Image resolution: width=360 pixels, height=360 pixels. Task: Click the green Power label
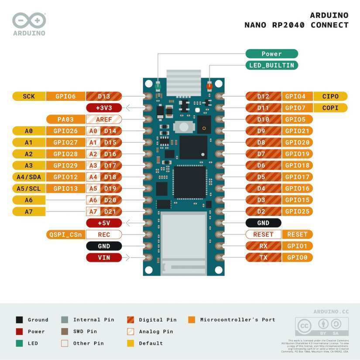tap(271, 54)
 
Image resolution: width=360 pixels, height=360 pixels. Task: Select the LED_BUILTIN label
tap(271, 65)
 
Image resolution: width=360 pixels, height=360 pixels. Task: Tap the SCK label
tap(29, 96)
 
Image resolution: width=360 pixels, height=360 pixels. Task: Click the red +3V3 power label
tap(104, 108)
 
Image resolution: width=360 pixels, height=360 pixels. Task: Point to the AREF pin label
tap(104, 119)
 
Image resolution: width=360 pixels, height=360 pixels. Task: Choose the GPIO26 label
tap(65, 131)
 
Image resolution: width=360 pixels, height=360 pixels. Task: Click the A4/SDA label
tap(29, 177)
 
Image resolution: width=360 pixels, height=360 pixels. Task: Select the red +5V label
tap(104, 223)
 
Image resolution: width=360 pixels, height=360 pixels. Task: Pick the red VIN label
tap(104, 257)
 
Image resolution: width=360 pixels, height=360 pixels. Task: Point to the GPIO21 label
tap(297, 131)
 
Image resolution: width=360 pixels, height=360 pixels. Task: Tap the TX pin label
tap(263, 257)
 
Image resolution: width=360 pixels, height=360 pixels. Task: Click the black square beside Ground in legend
tap(19, 320)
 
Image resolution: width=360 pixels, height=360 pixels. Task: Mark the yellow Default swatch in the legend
tap(130, 343)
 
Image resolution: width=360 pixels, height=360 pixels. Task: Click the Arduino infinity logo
tap(29, 21)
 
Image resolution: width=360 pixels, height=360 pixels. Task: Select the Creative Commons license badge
tap(322, 326)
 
